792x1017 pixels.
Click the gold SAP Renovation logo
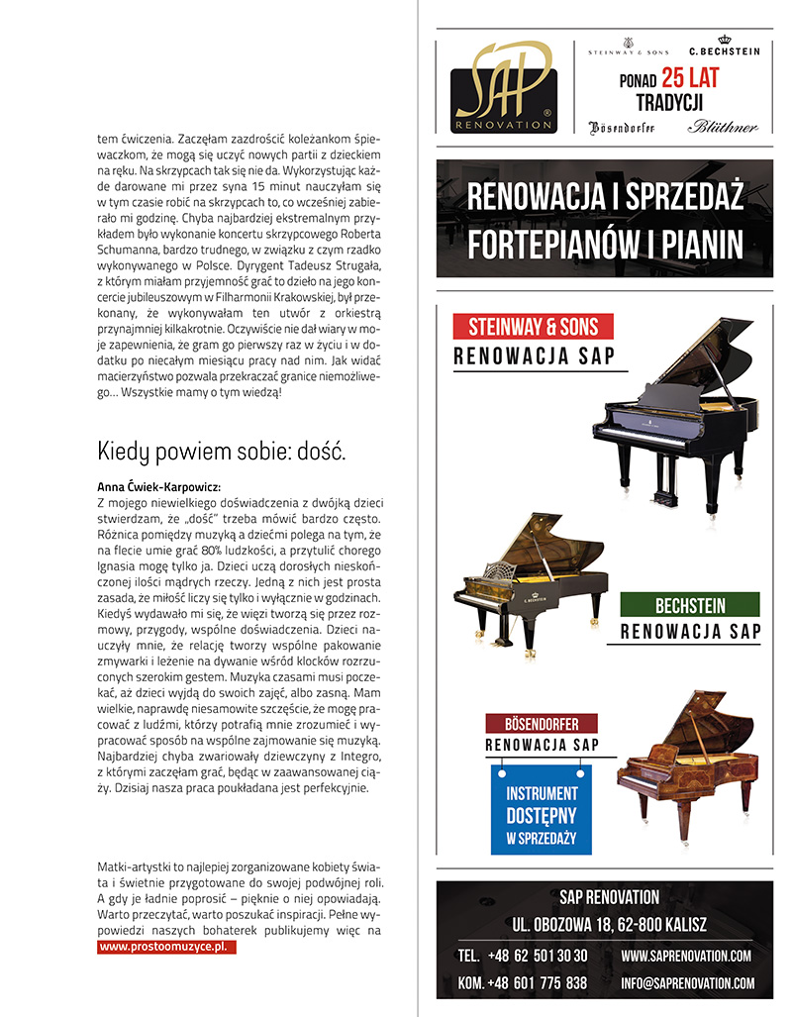tap(503, 84)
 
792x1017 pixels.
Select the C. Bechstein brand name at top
tap(724, 50)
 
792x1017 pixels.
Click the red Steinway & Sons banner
tap(533, 326)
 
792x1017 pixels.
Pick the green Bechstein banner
tap(690, 605)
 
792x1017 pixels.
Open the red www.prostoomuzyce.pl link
tap(168, 947)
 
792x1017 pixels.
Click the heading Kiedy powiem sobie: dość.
tap(222, 454)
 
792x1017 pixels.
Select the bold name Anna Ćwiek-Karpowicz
tap(158, 487)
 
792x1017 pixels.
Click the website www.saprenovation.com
tap(686, 956)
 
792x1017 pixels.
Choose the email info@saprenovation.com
tap(687, 983)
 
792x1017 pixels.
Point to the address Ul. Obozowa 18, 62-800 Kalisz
tap(609, 926)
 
